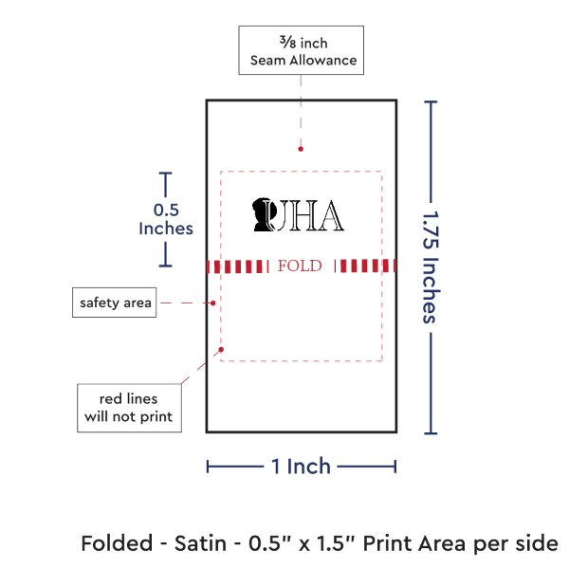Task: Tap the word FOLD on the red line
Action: (301, 266)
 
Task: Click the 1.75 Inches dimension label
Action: (430, 266)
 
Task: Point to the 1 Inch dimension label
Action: (301, 466)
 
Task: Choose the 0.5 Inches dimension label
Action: (165, 219)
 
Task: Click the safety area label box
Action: (114, 303)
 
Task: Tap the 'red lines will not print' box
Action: (129, 407)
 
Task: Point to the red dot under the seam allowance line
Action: (300, 148)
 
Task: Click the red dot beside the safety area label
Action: (213, 303)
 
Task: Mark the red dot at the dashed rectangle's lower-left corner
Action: (220, 350)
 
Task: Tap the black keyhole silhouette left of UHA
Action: (261, 216)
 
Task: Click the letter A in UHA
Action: (331, 217)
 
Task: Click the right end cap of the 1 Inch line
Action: (395, 466)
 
